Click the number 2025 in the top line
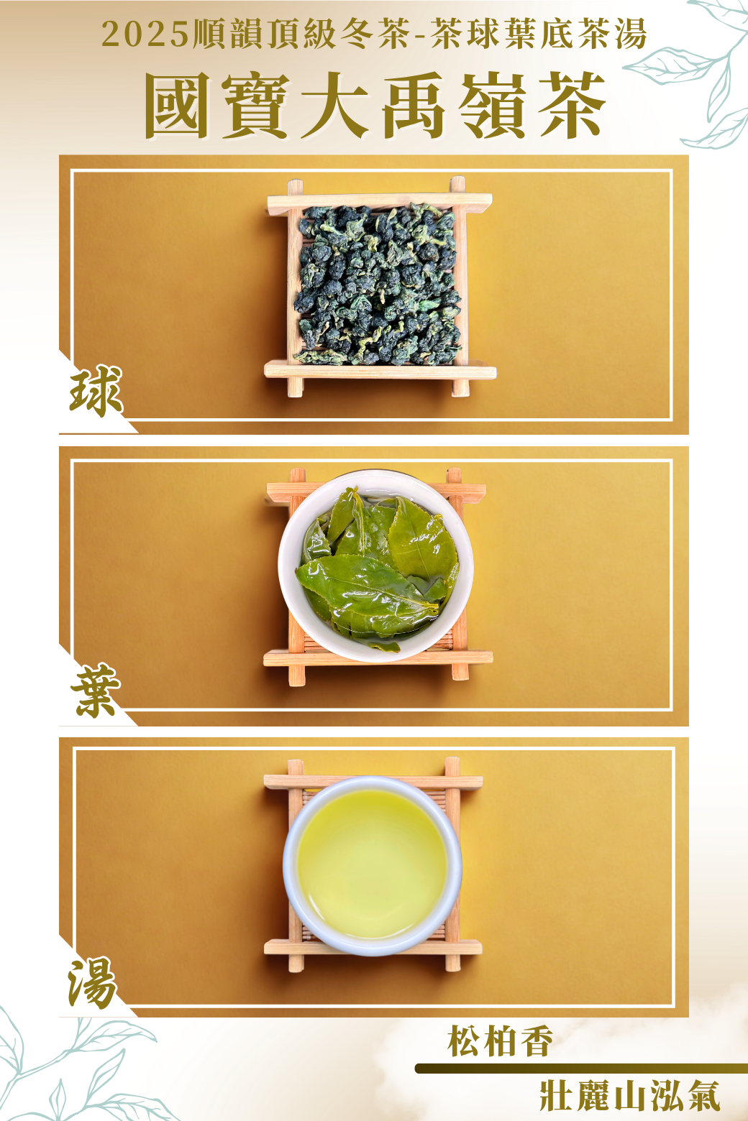[145, 34]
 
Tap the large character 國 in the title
[176, 106]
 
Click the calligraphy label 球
[96, 391]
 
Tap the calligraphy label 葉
[96, 690]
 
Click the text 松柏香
[499, 1041]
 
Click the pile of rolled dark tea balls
[378, 284]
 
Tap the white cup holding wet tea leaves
[375, 566]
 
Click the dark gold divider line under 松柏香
[581, 1069]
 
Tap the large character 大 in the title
[334, 106]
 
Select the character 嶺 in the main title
[493, 106]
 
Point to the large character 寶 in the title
[255, 106]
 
